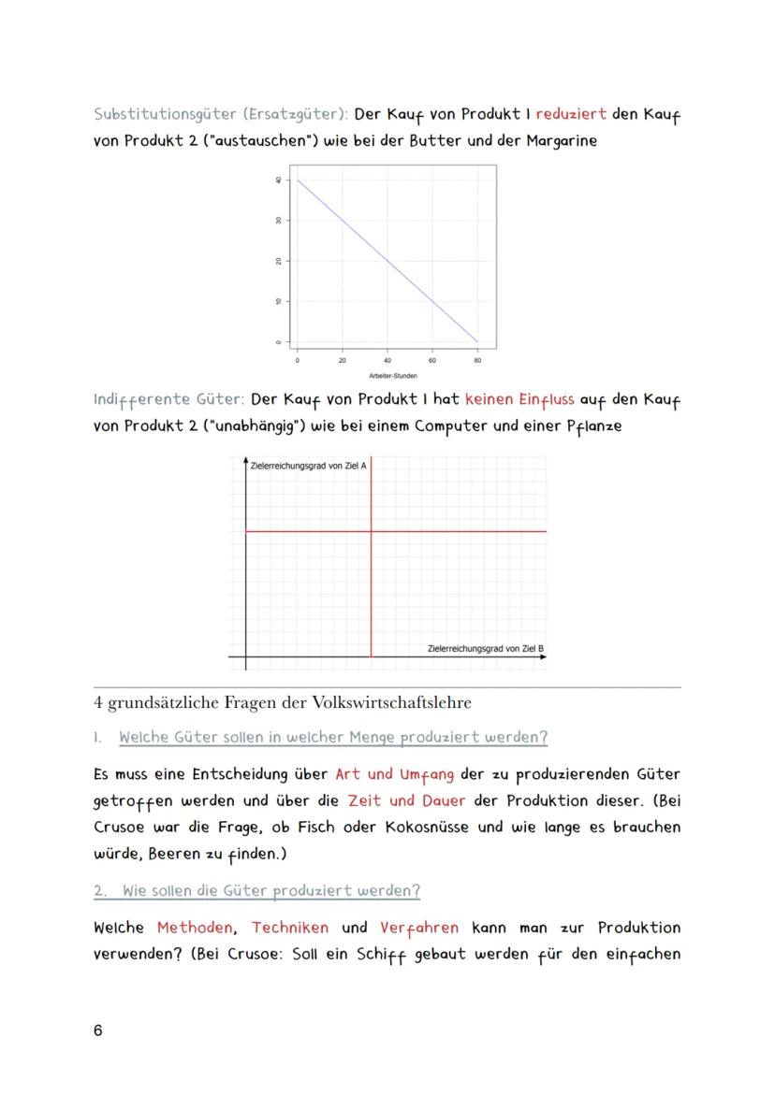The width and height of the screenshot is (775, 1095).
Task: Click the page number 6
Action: tap(98, 1030)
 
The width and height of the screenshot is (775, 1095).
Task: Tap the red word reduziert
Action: tap(571, 114)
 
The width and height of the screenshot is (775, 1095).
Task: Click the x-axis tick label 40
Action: tap(387, 359)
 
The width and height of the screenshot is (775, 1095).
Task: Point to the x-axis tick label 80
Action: tap(477, 359)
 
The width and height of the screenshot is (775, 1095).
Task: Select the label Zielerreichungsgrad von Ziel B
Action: tap(485, 648)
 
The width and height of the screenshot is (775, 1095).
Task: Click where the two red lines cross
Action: tap(372, 531)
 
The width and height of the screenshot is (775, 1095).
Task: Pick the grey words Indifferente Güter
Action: tap(168, 399)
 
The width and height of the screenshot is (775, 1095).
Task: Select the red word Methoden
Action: tap(190, 928)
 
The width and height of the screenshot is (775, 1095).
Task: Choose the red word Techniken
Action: tap(290, 928)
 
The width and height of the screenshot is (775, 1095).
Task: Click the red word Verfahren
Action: tap(418, 928)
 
